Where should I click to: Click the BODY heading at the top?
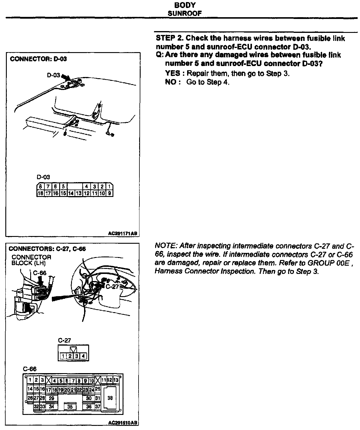pyautogui.click(x=185, y=5)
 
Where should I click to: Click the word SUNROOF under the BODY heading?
pyautogui.click(x=185, y=13)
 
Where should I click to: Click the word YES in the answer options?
pyautogui.click(x=172, y=73)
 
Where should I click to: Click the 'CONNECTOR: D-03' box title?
pyautogui.click(x=38, y=59)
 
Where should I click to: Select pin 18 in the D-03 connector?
pyautogui.click(x=40, y=193)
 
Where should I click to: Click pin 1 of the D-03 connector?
pyautogui.click(x=110, y=187)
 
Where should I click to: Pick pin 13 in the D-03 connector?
pyautogui.click(x=78, y=193)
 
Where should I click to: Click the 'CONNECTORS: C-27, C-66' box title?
pyautogui.click(x=47, y=249)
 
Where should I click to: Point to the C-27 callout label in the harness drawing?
pyautogui.click(x=112, y=286)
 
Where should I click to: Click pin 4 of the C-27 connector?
pyautogui.click(x=84, y=356)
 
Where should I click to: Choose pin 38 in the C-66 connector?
pyautogui.click(x=110, y=398)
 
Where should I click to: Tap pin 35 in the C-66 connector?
pyautogui.click(x=70, y=407)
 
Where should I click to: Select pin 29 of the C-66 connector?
pyautogui.click(x=52, y=398)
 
